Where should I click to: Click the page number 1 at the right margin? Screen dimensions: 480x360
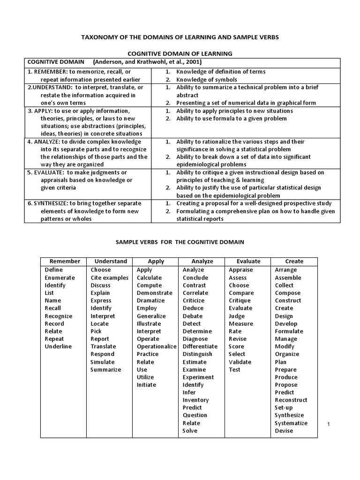329,424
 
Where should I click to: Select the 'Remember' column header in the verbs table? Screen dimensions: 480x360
65,262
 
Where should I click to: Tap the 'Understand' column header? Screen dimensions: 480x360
111,262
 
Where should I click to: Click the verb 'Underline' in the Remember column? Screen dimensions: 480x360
58,346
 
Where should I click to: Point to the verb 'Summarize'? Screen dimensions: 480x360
105,369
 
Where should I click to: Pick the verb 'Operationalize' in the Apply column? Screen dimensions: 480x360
156,346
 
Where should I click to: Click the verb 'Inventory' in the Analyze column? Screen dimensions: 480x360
195,400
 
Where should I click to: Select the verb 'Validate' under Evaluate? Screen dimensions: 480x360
240,362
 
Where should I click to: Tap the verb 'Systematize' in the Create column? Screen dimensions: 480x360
291,423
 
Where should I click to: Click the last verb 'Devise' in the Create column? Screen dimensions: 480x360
284,431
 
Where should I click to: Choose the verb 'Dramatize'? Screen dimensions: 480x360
150,300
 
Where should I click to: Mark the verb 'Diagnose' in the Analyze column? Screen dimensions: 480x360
195,339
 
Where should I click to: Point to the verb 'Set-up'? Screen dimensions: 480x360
284,408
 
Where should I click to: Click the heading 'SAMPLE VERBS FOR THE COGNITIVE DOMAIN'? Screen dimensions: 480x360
180,242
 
